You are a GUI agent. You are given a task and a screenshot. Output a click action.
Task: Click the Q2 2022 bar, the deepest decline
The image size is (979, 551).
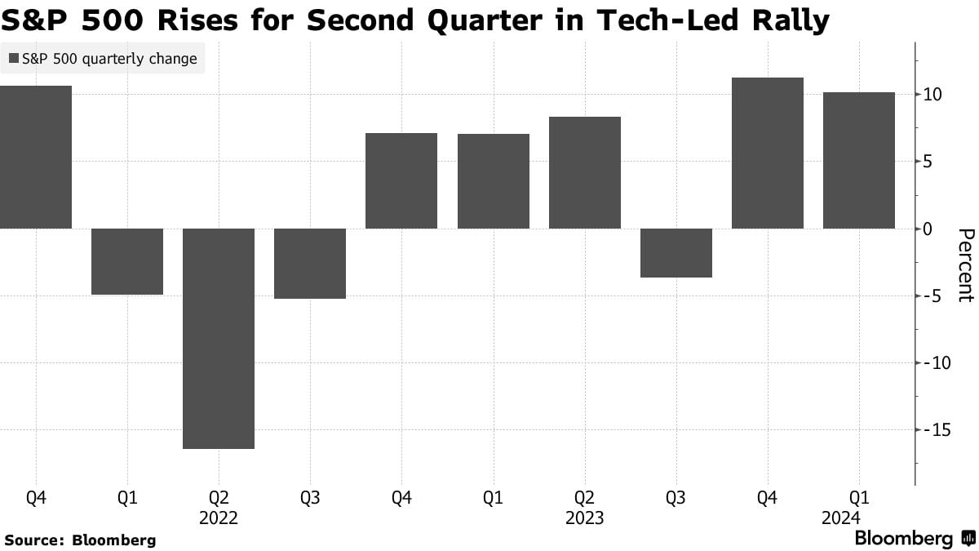coord(219,338)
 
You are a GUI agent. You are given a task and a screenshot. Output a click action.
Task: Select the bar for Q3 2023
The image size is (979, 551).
coord(676,252)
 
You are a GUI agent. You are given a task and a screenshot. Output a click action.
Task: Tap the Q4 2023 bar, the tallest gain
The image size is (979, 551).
coord(768,153)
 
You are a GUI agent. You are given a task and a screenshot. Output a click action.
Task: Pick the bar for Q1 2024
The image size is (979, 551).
coord(859,160)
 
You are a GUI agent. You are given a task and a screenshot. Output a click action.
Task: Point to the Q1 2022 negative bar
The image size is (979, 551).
coord(127,261)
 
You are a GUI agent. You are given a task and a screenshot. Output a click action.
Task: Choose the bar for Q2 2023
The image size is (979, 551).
coord(585,172)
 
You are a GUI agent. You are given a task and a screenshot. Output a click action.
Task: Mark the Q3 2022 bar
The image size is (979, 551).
coord(310,263)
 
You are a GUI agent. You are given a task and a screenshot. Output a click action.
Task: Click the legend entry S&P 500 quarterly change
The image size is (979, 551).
coord(103,59)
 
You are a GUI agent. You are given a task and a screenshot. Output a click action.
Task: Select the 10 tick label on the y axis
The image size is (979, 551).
coord(934,95)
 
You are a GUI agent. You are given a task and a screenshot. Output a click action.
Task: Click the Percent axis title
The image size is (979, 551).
coord(965,265)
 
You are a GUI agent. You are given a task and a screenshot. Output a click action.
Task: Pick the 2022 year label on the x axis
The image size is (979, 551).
coord(219,518)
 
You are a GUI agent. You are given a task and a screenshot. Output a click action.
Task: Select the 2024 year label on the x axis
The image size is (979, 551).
coord(859,518)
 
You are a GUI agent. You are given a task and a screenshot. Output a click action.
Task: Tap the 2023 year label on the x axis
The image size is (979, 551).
coord(585,518)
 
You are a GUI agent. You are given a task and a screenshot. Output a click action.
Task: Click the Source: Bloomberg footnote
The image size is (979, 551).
coord(80,540)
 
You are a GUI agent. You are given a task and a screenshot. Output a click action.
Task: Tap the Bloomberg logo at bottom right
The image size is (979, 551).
coord(914,539)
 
